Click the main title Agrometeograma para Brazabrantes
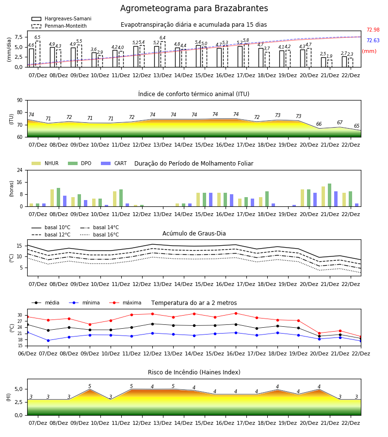click(x=194, y=8)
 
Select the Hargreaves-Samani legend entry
click(x=62, y=18)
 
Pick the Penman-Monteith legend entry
click(x=59, y=26)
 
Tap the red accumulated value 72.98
click(x=373, y=30)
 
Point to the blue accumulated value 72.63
click(x=373, y=40)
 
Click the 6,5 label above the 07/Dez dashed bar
click(x=37, y=37)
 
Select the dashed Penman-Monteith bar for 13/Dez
click(x=163, y=54)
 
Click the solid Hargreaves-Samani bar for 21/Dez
click(x=323, y=62)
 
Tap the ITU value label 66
click(x=319, y=124)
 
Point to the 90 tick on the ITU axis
click(x=20, y=101)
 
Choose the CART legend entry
click(x=114, y=163)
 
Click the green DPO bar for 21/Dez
click(x=329, y=195)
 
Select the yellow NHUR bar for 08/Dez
click(x=52, y=198)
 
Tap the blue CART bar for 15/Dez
click(x=210, y=200)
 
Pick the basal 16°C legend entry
click(x=99, y=235)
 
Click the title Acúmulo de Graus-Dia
click(x=194, y=234)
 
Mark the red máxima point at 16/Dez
click(x=236, y=313)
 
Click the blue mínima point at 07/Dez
click(x=48, y=340)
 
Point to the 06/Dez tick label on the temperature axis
click(x=27, y=353)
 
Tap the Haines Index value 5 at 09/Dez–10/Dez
click(x=90, y=386)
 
